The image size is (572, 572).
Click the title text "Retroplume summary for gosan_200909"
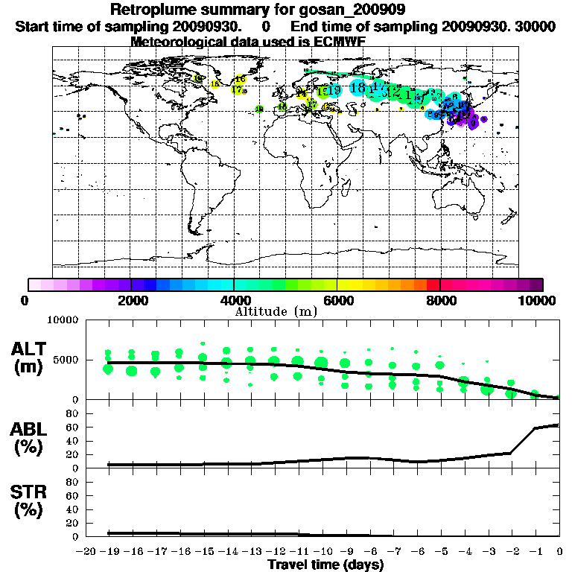(x=258, y=10)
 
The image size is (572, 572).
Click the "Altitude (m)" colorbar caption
(x=276, y=311)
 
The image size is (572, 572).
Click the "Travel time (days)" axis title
(x=325, y=565)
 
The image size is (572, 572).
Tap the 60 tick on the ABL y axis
(x=72, y=427)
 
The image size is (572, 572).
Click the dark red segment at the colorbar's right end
(x=536, y=284)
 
